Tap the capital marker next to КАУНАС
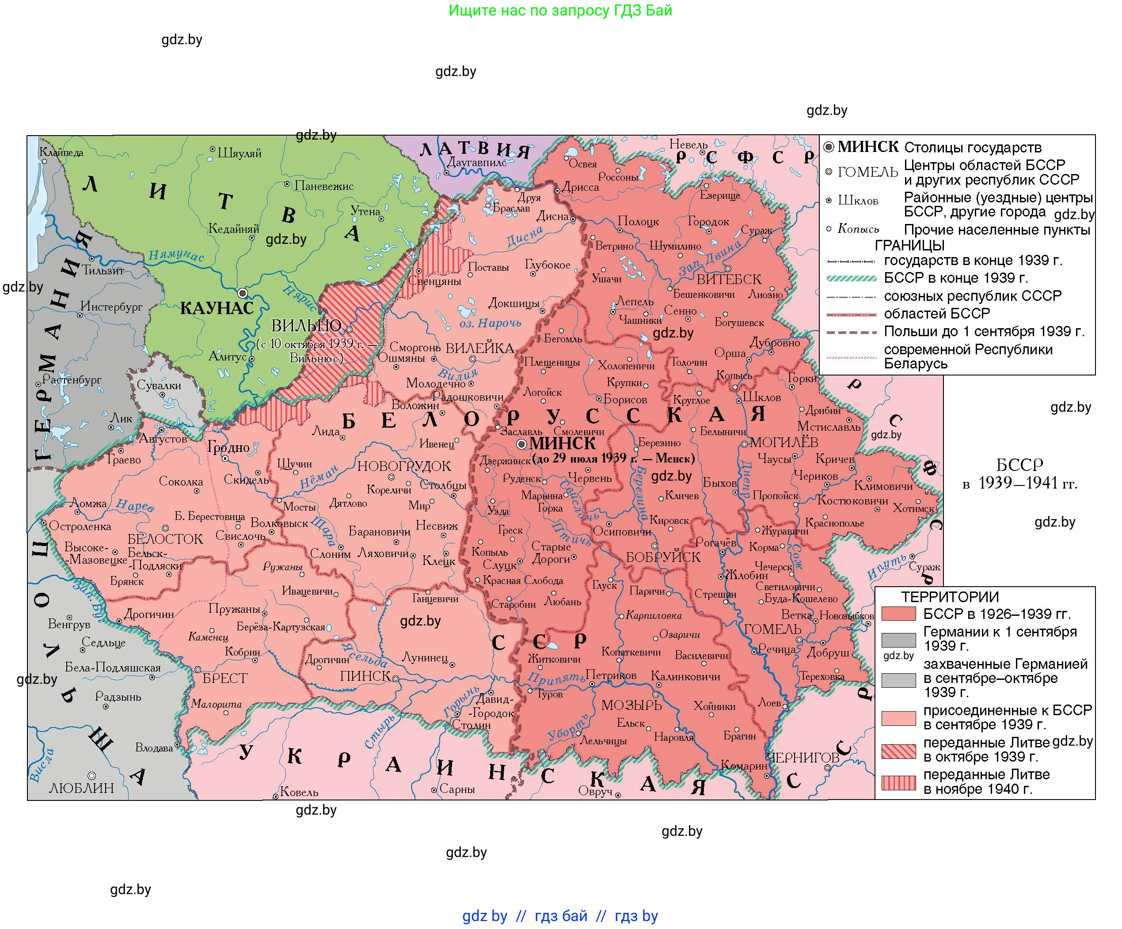(x=242, y=293)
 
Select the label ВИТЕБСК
(x=729, y=279)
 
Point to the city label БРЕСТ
(x=224, y=679)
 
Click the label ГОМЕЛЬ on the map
(x=772, y=630)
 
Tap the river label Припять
(x=556, y=677)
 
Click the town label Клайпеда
(x=61, y=152)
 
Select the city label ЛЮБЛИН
(x=81, y=789)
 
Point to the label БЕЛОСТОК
(x=165, y=539)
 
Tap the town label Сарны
(x=457, y=789)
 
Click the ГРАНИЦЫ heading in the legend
(x=909, y=245)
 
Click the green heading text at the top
(x=560, y=10)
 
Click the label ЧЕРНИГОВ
(x=803, y=758)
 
